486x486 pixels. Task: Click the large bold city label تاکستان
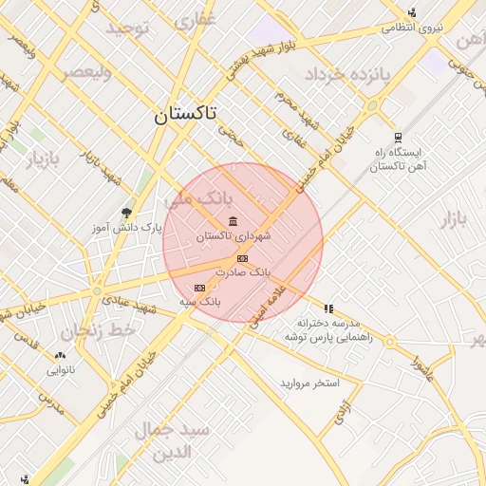pyautogui.click(x=185, y=115)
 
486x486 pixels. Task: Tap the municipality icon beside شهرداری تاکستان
pyautogui.click(x=234, y=221)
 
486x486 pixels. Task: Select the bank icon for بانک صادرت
pyautogui.click(x=242, y=258)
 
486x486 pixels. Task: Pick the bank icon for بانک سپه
pyautogui.click(x=199, y=287)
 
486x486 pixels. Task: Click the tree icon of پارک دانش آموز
pyautogui.click(x=126, y=213)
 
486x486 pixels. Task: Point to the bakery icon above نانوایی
pyautogui.click(x=61, y=356)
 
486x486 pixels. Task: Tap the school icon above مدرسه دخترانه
pyautogui.click(x=328, y=308)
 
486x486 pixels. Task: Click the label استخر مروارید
pyautogui.click(x=308, y=383)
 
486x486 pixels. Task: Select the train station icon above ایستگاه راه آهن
pyautogui.click(x=396, y=138)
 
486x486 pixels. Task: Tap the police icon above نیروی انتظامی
pyautogui.click(x=412, y=13)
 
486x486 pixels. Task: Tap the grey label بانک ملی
pyautogui.click(x=198, y=200)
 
